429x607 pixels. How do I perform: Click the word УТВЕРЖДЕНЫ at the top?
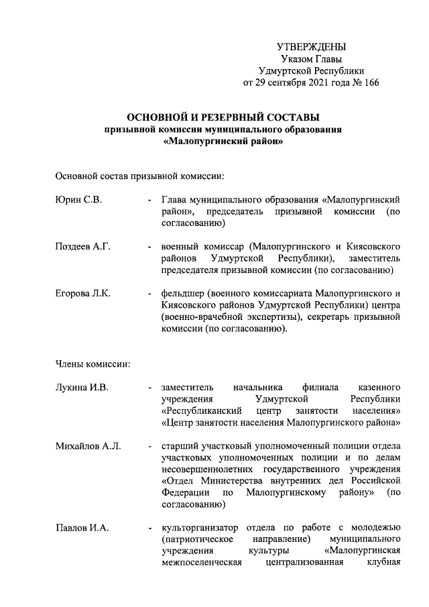pos(312,47)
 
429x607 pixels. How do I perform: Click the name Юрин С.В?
pos(78,200)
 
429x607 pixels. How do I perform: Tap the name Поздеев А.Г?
pos(82,247)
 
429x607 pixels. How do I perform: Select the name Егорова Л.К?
pos(82,294)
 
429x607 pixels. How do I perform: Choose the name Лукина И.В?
pos(81,388)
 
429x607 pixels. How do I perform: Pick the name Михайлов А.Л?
pos(88,445)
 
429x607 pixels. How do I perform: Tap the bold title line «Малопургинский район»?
pos(223,142)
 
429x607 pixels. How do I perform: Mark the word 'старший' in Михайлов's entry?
pos(178,445)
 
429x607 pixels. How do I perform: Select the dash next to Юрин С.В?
pos(149,200)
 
